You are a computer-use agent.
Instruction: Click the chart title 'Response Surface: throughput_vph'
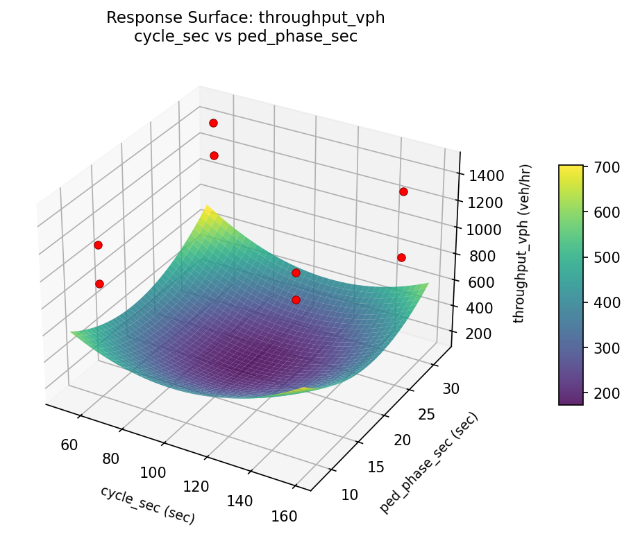pyautogui.click(x=245, y=18)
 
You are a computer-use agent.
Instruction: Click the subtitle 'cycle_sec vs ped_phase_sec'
pyautogui.click(x=245, y=37)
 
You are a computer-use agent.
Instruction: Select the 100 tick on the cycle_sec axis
pyautogui.click(x=153, y=472)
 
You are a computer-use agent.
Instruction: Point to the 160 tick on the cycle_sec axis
pyautogui.click(x=285, y=516)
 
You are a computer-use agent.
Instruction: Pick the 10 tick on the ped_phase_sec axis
pyautogui.click(x=350, y=494)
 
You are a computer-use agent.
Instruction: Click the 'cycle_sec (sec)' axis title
pyautogui.click(x=147, y=505)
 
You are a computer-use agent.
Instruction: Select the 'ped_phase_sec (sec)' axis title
pyautogui.click(x=428, y=463)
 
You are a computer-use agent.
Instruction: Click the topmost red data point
pyautogui.click(x=213, y=123)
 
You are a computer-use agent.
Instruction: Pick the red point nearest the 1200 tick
pyautogui.click(x=403, y=191)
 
